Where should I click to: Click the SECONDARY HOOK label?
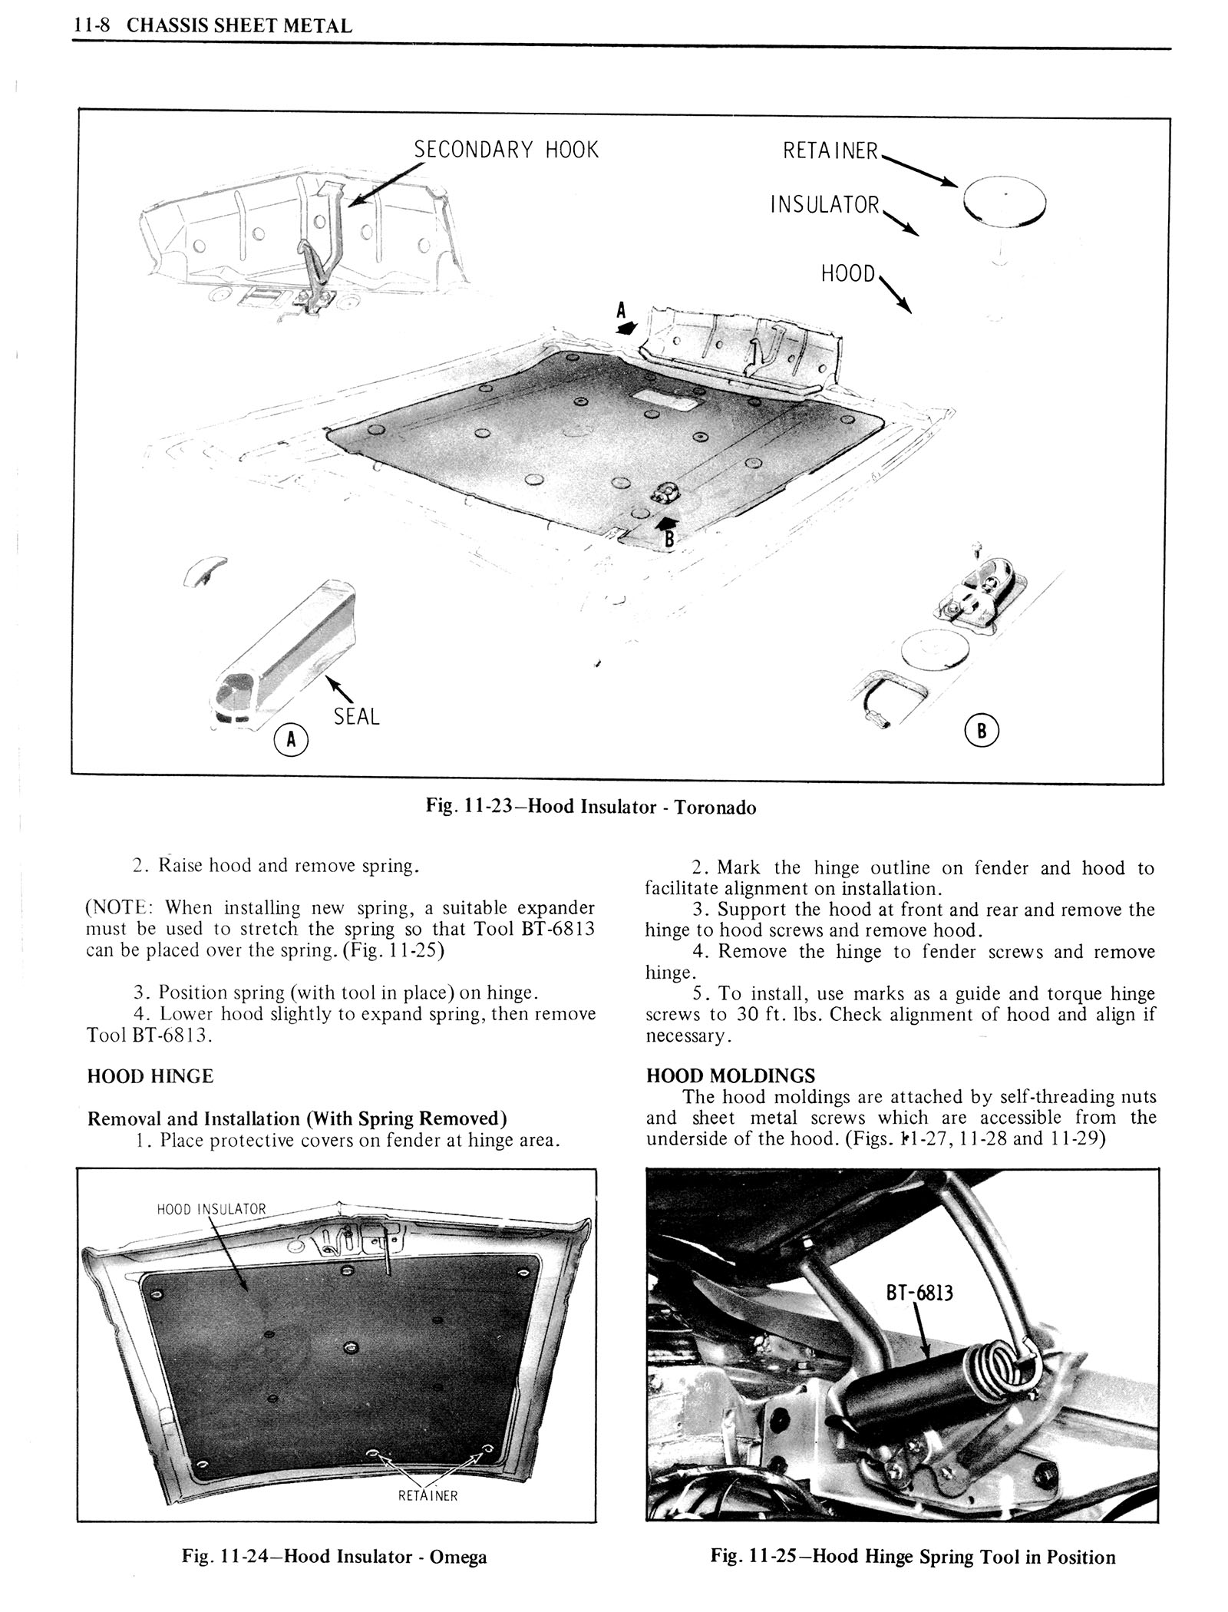tap(506, 149)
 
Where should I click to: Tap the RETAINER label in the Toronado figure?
tap(830, 151)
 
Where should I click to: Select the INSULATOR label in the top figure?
tap(824, 205)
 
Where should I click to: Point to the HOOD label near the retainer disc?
tap(847, 274)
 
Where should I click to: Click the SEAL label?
tap(356, 716)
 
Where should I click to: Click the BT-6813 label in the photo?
tap(919, 1293)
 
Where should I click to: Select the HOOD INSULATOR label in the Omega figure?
tap(211, 1210)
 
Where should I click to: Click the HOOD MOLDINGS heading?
tap(730, 1075)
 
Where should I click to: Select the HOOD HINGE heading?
tap(150, 1076)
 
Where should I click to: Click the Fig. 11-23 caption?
tap(591, 807)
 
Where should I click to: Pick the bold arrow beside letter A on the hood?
tap(627, 327)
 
